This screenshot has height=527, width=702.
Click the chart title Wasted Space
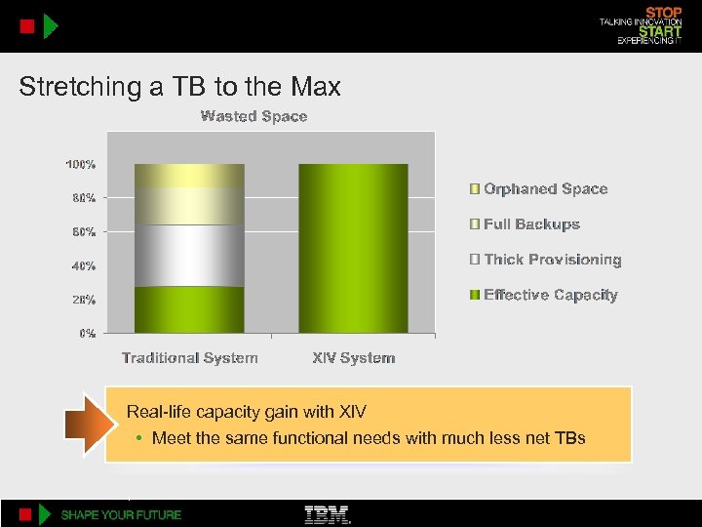(253, 116)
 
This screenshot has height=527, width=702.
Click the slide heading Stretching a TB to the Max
(180, 87)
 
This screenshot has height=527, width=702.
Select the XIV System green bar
(353, 248)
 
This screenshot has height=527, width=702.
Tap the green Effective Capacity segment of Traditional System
(189, 308)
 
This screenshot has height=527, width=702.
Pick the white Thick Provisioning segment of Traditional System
(189, 255)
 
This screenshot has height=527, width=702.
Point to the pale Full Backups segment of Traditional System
(189, 206)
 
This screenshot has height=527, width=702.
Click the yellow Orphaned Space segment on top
(189, 176)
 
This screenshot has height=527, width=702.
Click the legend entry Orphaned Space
(545, 189)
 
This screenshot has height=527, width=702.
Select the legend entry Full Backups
(531, 224)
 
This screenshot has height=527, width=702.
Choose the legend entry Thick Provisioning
(552, 260)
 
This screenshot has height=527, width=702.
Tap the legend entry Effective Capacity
(550, 295)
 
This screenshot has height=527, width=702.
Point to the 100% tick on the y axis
(80, 164)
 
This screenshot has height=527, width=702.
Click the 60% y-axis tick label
(83, 231)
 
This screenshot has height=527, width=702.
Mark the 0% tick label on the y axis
(87, 333)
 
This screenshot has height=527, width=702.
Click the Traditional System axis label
(190, 358)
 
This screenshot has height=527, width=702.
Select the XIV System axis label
(353, 358)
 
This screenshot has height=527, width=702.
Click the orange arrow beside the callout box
(85, 425)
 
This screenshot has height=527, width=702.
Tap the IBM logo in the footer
(328, 514)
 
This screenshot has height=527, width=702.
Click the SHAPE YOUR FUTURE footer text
(121, 514)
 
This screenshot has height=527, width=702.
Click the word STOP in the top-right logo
(664, 11)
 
